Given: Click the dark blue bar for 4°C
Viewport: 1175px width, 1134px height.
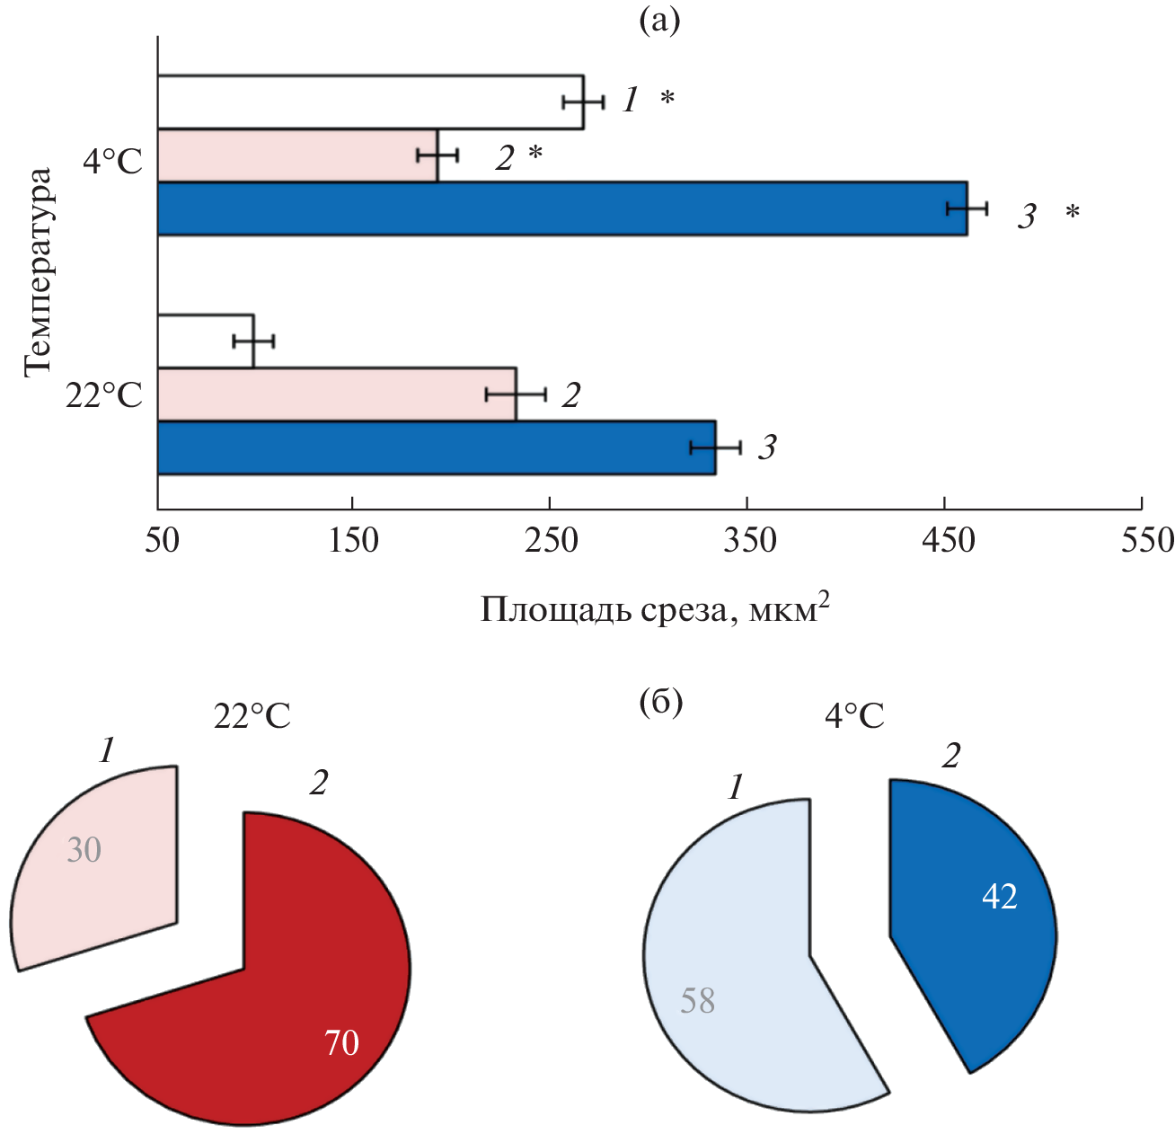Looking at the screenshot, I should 562,208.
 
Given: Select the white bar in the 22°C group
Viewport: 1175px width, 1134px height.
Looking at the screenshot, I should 206,341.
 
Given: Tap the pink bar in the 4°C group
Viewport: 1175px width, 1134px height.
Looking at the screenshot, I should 297,155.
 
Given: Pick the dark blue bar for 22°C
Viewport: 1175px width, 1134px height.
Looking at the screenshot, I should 437,447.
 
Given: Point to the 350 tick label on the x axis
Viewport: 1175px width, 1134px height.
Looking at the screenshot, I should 747,540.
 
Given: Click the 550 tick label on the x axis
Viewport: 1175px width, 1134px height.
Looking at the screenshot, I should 1141,540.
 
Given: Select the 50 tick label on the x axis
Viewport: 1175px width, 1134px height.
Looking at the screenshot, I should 162,540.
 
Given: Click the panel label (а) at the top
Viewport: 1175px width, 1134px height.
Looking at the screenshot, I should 659,20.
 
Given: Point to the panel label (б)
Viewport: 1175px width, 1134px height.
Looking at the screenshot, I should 660,703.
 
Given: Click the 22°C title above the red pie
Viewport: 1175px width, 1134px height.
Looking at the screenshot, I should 252,717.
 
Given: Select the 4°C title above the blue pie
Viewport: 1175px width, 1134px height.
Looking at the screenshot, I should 854,717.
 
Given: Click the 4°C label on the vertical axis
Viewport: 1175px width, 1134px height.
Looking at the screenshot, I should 113,163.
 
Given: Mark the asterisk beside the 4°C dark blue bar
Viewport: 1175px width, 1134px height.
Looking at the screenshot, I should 1072,214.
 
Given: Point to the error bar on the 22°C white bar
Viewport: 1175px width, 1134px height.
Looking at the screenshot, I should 253,341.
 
